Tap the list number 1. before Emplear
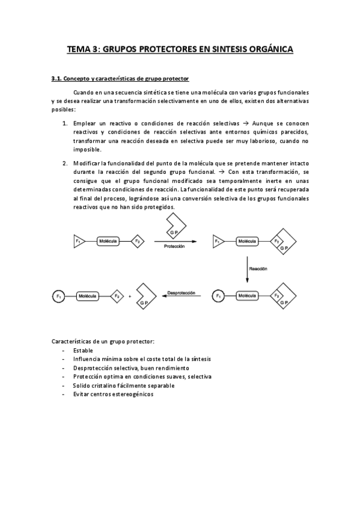coord(65,123)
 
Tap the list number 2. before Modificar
coord(65,163)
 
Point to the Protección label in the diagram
coord(174,247)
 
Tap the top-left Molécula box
coord(108,241)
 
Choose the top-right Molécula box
coord(247,241)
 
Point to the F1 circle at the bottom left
coord(58,296)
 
